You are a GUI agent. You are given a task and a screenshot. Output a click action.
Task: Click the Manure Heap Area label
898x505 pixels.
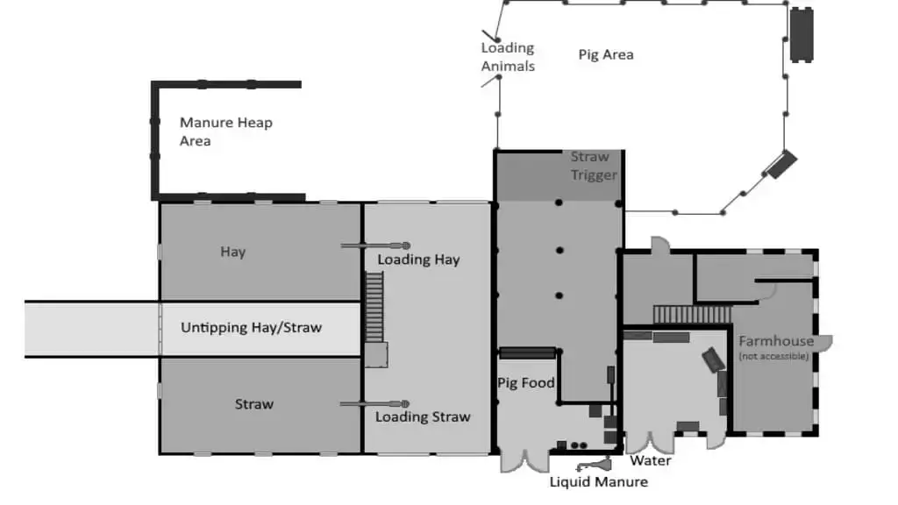225,132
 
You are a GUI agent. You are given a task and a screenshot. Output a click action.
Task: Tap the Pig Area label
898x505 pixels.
606,55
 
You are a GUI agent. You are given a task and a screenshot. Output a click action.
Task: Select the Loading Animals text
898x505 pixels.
508,57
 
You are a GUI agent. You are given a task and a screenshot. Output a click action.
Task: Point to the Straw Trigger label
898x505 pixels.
594,166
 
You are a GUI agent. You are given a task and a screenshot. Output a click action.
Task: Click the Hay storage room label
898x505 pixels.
233,252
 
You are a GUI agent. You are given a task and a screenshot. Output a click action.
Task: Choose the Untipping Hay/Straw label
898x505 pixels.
252,328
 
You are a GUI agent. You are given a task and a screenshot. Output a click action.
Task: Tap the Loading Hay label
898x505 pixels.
418,260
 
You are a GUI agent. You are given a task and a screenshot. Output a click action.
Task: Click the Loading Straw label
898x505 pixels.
424,416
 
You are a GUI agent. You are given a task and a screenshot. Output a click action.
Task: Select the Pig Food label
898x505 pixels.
526,383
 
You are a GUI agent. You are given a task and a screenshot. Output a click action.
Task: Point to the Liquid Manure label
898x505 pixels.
599,482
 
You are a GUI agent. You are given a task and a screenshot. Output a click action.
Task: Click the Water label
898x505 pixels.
651,461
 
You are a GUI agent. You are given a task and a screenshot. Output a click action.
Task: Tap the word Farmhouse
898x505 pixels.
776,341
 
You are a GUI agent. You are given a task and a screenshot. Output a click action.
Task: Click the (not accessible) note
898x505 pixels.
773,356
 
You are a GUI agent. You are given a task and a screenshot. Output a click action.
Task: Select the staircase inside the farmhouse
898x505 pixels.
693,315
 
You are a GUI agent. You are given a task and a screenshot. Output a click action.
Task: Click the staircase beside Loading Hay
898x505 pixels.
374,307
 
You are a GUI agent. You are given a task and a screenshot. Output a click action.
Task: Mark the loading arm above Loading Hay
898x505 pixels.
375,245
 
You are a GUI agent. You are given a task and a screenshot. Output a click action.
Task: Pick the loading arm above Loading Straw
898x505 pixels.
374,403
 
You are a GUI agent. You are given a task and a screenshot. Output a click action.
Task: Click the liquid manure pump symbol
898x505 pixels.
594,464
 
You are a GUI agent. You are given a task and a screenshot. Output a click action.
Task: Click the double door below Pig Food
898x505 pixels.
524,461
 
